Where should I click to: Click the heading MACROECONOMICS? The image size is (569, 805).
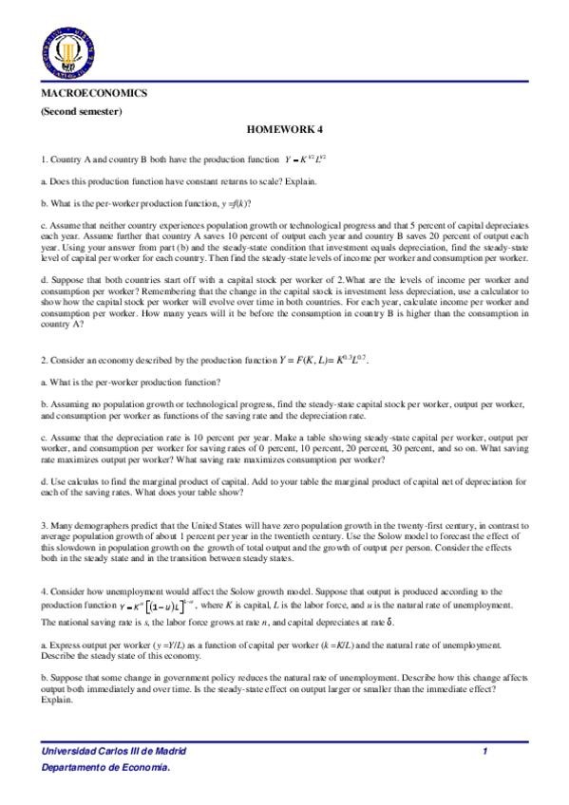tap(93, 95)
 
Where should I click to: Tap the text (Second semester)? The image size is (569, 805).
tap(81, 112)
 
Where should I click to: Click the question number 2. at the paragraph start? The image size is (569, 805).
tap(44, 363)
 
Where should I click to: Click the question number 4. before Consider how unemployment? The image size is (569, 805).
tap(44, 590)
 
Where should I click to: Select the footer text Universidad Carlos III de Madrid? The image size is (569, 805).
tap(113, 751)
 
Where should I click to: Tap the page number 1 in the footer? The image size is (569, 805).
tap(484, 751)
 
